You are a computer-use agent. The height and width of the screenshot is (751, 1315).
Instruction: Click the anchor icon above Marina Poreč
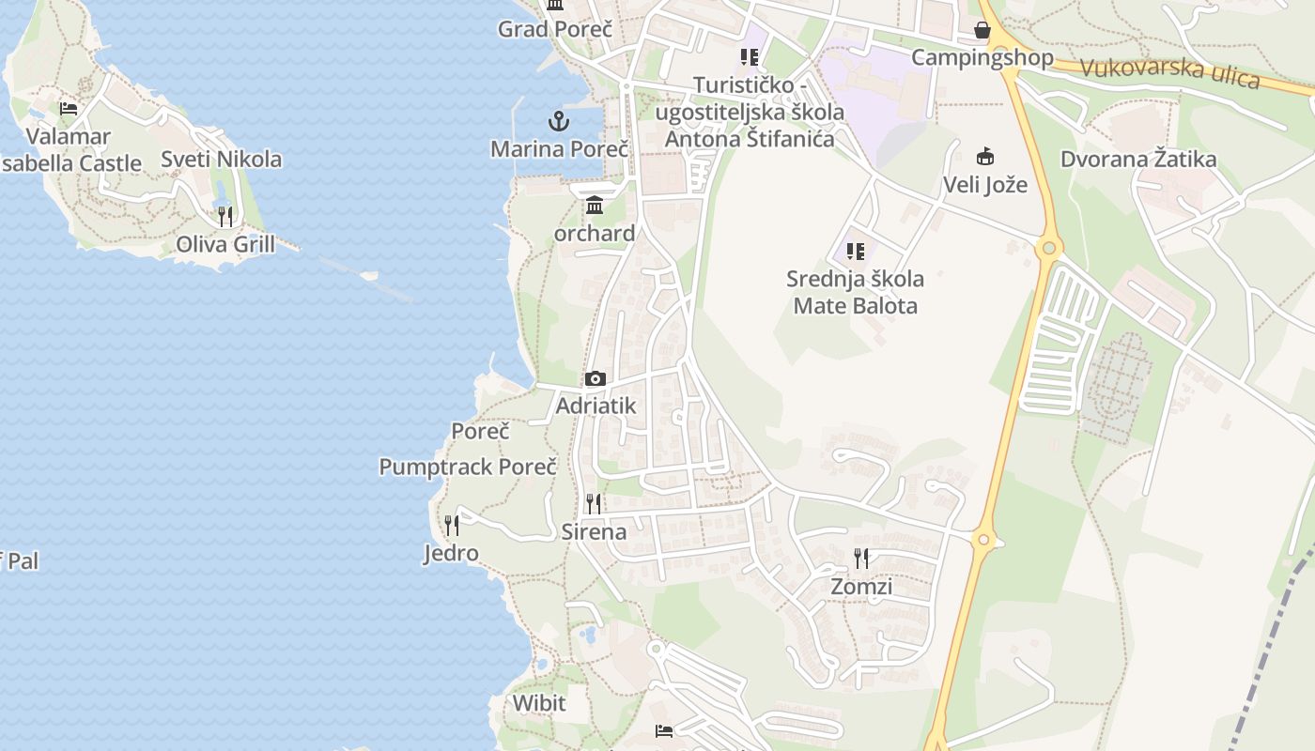559,121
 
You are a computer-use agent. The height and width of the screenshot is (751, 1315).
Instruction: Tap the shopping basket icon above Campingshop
982,30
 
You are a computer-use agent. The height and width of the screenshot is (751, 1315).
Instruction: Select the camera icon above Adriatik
595,379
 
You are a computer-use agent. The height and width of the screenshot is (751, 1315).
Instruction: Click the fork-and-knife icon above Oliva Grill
225,217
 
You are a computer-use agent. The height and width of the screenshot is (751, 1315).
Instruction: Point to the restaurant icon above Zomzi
861,559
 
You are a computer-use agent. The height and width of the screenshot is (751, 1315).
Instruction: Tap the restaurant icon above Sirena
593,504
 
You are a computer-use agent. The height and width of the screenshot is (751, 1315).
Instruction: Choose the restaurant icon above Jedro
452,526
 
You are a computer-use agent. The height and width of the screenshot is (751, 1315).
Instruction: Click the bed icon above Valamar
69,108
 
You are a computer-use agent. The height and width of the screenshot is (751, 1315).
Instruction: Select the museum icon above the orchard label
595,206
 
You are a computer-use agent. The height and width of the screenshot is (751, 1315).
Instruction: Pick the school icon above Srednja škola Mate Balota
855,251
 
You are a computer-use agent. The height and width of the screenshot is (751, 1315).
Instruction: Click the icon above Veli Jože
985,156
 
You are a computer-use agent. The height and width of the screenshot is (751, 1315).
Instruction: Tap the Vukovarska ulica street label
1169,72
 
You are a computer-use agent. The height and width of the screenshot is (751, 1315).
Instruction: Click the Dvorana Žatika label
1138,159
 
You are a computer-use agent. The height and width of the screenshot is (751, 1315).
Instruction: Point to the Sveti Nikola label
221,159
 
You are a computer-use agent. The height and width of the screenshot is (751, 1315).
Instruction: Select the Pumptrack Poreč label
468,467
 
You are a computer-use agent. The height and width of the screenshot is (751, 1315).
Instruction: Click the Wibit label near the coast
539,702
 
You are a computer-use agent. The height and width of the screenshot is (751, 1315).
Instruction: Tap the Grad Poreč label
555,29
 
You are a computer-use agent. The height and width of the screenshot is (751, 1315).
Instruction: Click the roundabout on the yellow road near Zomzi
983,540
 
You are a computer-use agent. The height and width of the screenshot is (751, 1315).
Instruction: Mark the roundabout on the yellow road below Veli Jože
1049,249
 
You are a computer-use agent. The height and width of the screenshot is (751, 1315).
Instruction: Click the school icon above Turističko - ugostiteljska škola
749,57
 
